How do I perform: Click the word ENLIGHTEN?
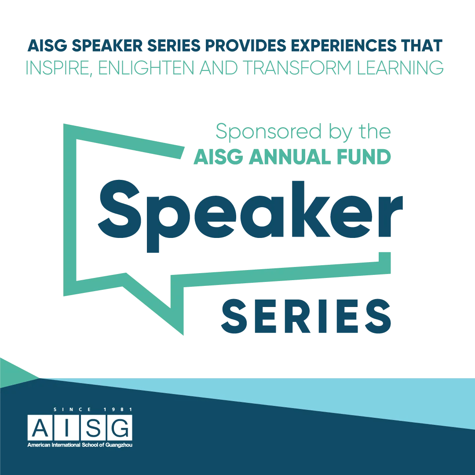pyautogui.click(x=146, y=68)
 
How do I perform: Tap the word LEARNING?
pyautogui.click(x=400, y=68)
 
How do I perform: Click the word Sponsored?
pyautogui.click(x=269, y=132)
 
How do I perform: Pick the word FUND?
pyautogui.click(x=364, y=157)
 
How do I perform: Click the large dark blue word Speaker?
pyautogui.click(x=250, y=216)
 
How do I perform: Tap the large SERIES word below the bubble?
pyautogui.click(x=306, y=316)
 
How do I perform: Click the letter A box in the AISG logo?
pyautogui.click(x=40, y=428)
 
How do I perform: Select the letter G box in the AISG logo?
pyautogui.click(x=120, y=428)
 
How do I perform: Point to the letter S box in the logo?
pyautogui.click(x=93, y=428)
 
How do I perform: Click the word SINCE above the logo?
pyautogui.click(x=72, y=409)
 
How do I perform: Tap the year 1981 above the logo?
pyautogui.click(x=118, y=409)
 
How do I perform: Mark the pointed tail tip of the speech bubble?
pyautogui.click(x=183, y=335)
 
